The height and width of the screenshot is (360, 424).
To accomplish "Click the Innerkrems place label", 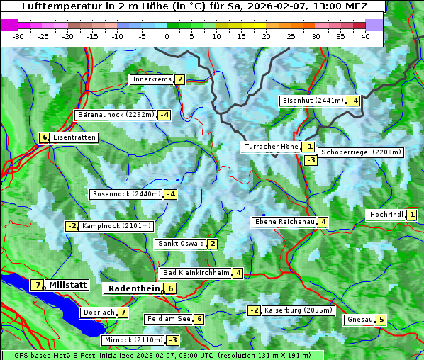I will click(152, 79).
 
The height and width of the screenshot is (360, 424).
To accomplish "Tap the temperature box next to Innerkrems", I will click(180, 79).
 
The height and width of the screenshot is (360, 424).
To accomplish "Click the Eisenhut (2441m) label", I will click(313, 101).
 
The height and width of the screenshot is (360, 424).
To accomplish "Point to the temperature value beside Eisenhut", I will click(353, 101).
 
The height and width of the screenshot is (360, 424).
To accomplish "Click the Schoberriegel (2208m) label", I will click(361, 152).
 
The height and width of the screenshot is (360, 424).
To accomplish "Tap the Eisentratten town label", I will click(74, 137).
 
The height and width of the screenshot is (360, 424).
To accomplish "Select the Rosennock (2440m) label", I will click(125, 194).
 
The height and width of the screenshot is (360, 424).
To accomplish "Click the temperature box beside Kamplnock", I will click(72, 226).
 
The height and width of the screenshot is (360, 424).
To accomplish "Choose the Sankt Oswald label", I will click(181, 244).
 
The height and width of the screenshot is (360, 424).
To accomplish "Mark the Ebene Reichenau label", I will click(284, 222).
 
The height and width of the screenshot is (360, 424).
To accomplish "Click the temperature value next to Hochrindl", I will click(412, 215).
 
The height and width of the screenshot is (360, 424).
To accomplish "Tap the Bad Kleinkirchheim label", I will click(196, 273).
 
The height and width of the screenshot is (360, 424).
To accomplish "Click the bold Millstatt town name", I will click(68, 285).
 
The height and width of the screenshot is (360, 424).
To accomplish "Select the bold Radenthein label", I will click(134, 288).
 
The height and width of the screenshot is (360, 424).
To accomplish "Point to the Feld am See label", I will click(169, 319).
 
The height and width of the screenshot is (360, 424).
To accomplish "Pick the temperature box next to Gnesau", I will click(381, 320).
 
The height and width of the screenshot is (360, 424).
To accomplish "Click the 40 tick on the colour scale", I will click(365, 35).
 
